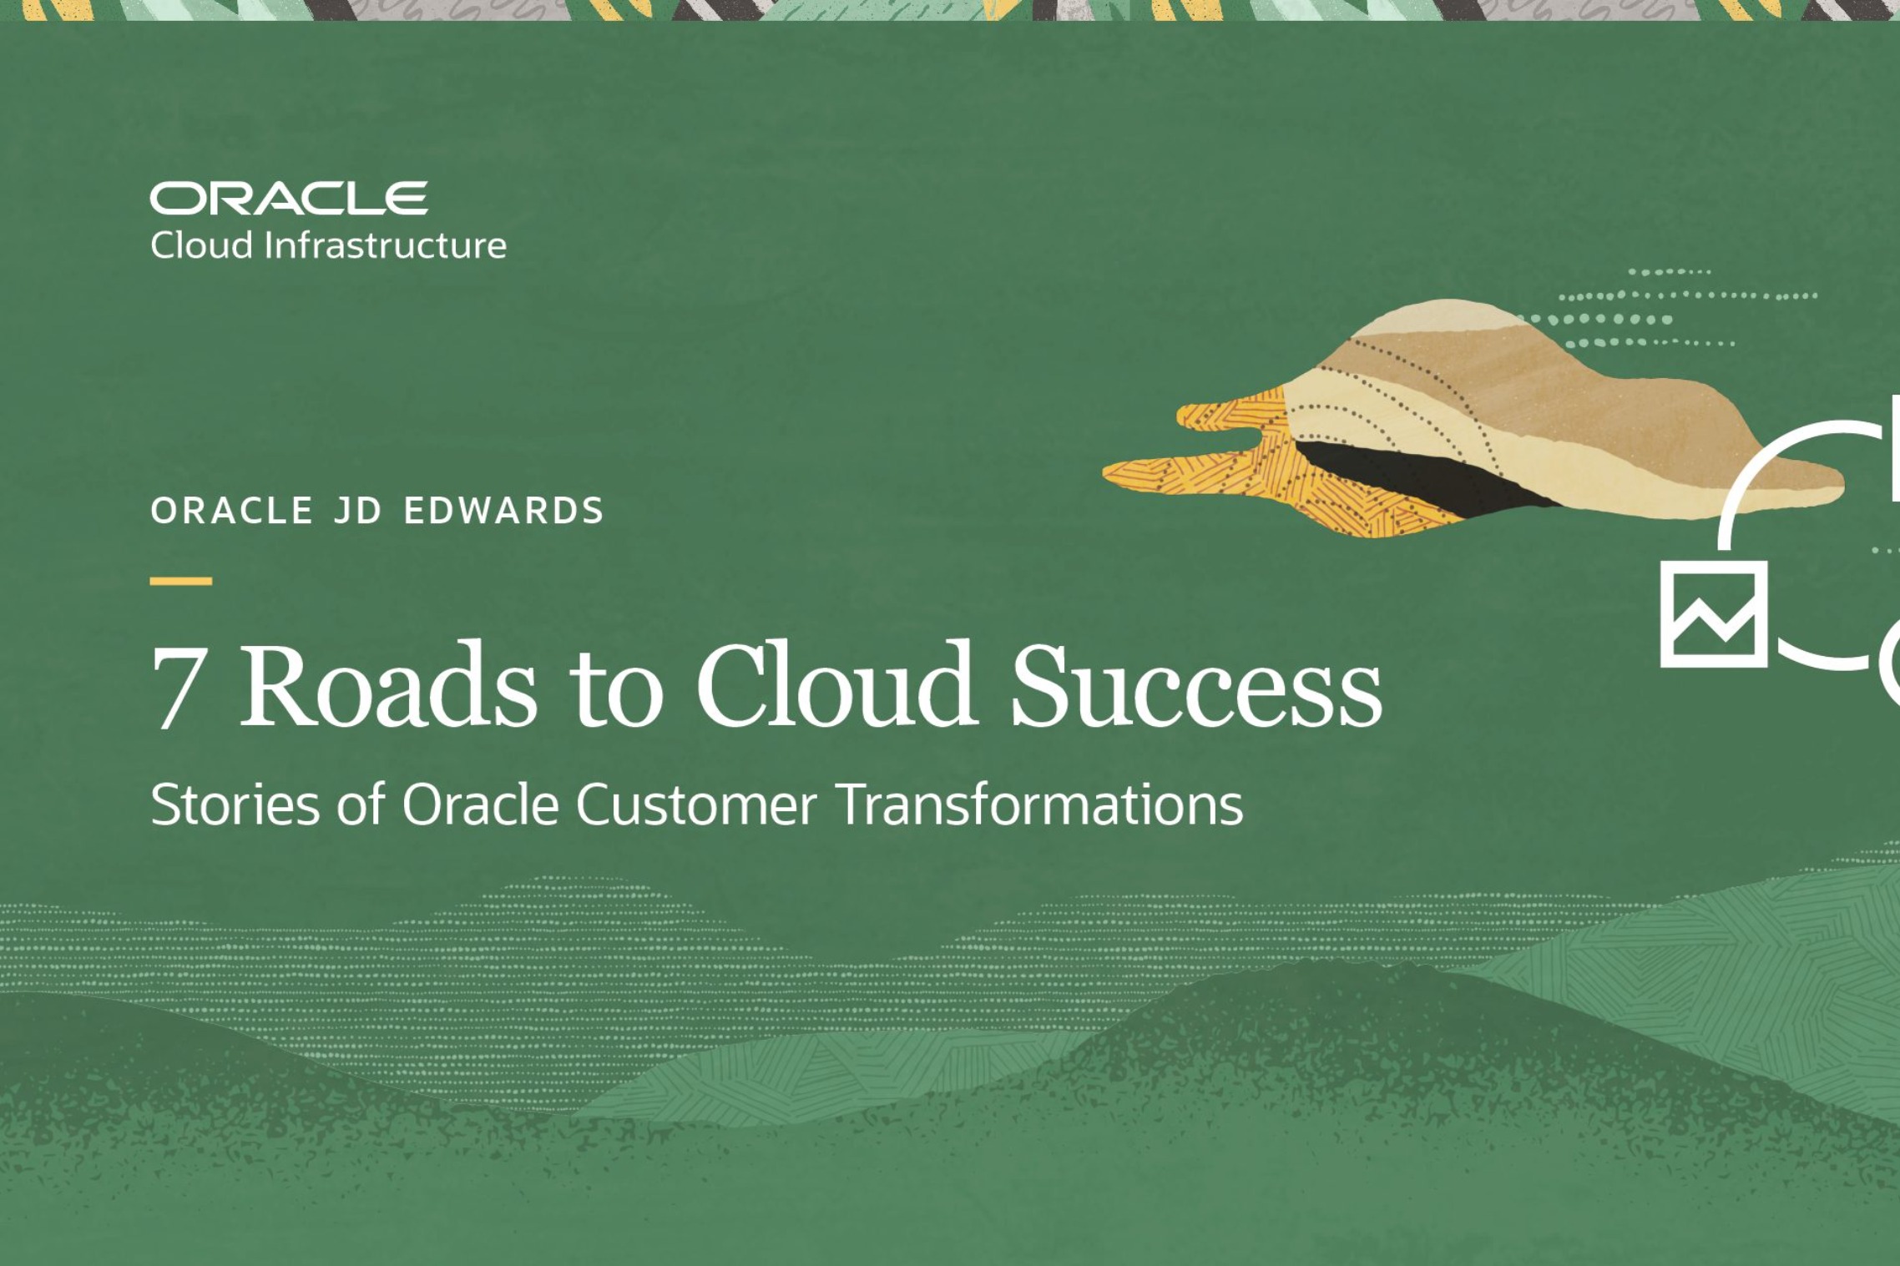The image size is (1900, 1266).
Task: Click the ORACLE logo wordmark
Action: (288, 199)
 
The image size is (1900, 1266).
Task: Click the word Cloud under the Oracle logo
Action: (200, 245)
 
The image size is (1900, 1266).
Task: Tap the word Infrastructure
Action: (385, 245)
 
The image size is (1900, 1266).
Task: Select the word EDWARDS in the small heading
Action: (503, 511)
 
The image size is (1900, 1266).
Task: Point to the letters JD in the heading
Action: (357, 511)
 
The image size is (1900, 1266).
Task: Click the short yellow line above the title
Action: (180, 581)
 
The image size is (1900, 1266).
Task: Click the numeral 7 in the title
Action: (178, 687)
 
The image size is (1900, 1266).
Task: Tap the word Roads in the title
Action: (388, 685)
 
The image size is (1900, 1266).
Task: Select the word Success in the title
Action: (1195, 685)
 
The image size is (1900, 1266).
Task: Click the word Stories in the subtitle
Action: (235, 804)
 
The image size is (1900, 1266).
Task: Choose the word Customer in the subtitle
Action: (695, 804)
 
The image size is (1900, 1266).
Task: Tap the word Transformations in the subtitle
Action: (1038, 804)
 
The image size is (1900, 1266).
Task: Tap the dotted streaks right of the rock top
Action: (1661, 309)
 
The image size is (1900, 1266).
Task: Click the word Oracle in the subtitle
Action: (480, 804)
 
